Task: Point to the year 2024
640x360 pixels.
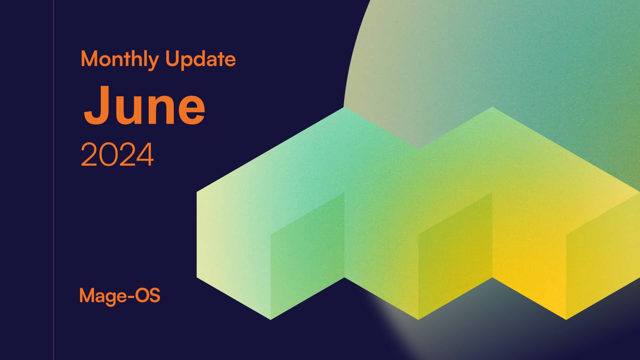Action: click(x=117, y=154)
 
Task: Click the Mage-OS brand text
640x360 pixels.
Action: click(x=120, y=295)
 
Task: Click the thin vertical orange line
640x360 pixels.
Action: click(x=53, y=180)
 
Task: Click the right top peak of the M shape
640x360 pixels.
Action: click(x=492, y=107)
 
